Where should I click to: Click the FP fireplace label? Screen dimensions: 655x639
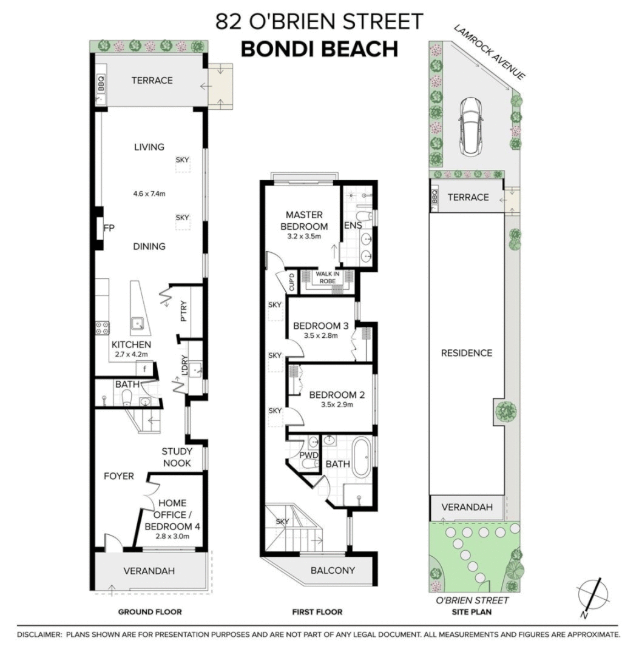click(109, 228)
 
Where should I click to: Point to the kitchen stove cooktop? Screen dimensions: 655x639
click(102, 329)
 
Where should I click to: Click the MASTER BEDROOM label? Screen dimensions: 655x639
click(303, 221)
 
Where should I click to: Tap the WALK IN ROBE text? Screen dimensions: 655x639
click(328, 278)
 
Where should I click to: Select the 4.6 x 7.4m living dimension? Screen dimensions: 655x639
click(149, 194)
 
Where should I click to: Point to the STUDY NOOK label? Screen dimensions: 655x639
click(177, 457)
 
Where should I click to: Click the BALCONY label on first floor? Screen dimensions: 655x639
click(332, 570)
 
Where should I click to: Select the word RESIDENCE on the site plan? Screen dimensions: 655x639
click(466, 353)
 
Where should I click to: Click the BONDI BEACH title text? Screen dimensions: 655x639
click(319, 49)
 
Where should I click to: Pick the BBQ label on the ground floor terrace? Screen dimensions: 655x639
click(101, 81)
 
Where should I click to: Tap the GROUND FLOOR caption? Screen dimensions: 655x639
click(149, 612)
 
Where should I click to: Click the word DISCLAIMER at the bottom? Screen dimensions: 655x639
click(40, 635)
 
